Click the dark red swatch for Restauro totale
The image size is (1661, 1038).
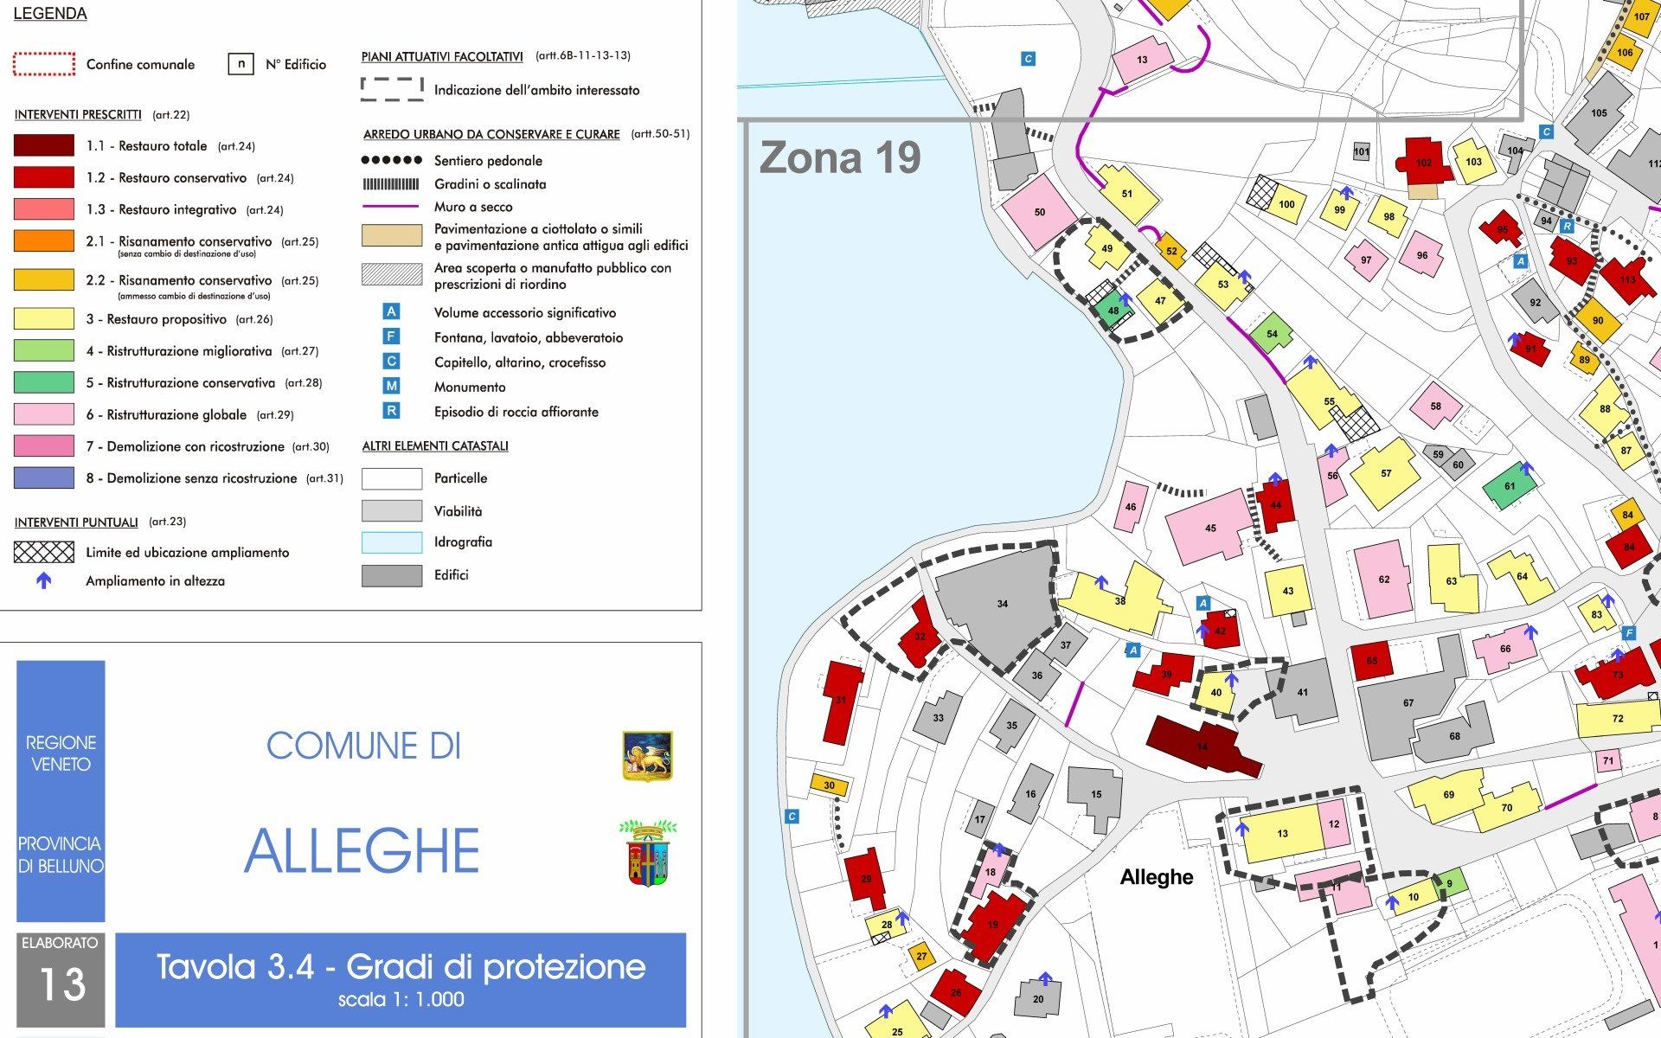click(43, 145)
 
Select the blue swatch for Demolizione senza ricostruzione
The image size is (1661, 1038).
click(43, 477)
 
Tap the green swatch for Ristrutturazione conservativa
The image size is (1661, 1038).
click(43, 382)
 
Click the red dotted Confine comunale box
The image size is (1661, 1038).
click(43, 64)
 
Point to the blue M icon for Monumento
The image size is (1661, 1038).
click(391, 387)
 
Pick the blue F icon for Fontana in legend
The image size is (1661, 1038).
click(391, 337)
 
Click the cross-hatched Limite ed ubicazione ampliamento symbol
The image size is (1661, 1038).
click(43, 552)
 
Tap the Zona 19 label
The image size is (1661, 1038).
click(839, 158)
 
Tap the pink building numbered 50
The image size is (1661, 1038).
click(1039, 212)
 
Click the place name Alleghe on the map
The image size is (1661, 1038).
click(1156, 877)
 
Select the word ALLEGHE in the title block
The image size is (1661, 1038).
click(362, 851)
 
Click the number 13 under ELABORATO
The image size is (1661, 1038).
click(61, 984)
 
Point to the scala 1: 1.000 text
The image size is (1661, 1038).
click(401, 1000)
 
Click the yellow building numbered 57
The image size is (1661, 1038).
click(1385, 474)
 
